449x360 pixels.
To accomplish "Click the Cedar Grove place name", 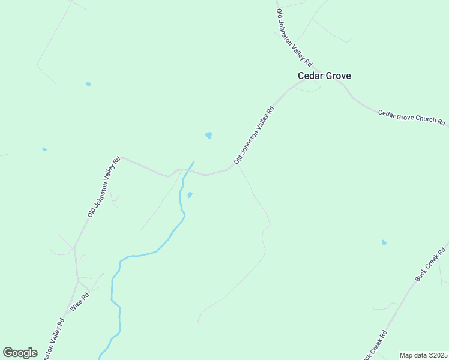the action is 324,76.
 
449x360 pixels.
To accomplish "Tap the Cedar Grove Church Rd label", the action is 411,117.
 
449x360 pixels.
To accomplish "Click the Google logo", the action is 20,353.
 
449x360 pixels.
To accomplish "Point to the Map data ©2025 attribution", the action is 423,355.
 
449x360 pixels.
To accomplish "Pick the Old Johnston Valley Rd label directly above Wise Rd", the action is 104,187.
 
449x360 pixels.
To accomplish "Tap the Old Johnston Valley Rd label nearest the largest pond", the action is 254,135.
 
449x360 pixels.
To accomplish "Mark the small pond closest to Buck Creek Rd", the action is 384,242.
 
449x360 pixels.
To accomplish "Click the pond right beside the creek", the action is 190,194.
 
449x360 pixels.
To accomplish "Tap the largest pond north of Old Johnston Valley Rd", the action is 209,135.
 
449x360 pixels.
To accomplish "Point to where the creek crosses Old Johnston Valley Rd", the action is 187,171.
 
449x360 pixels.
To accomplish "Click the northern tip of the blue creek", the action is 193,161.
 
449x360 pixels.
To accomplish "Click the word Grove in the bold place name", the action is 338,76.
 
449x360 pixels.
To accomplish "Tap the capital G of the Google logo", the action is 8,352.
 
